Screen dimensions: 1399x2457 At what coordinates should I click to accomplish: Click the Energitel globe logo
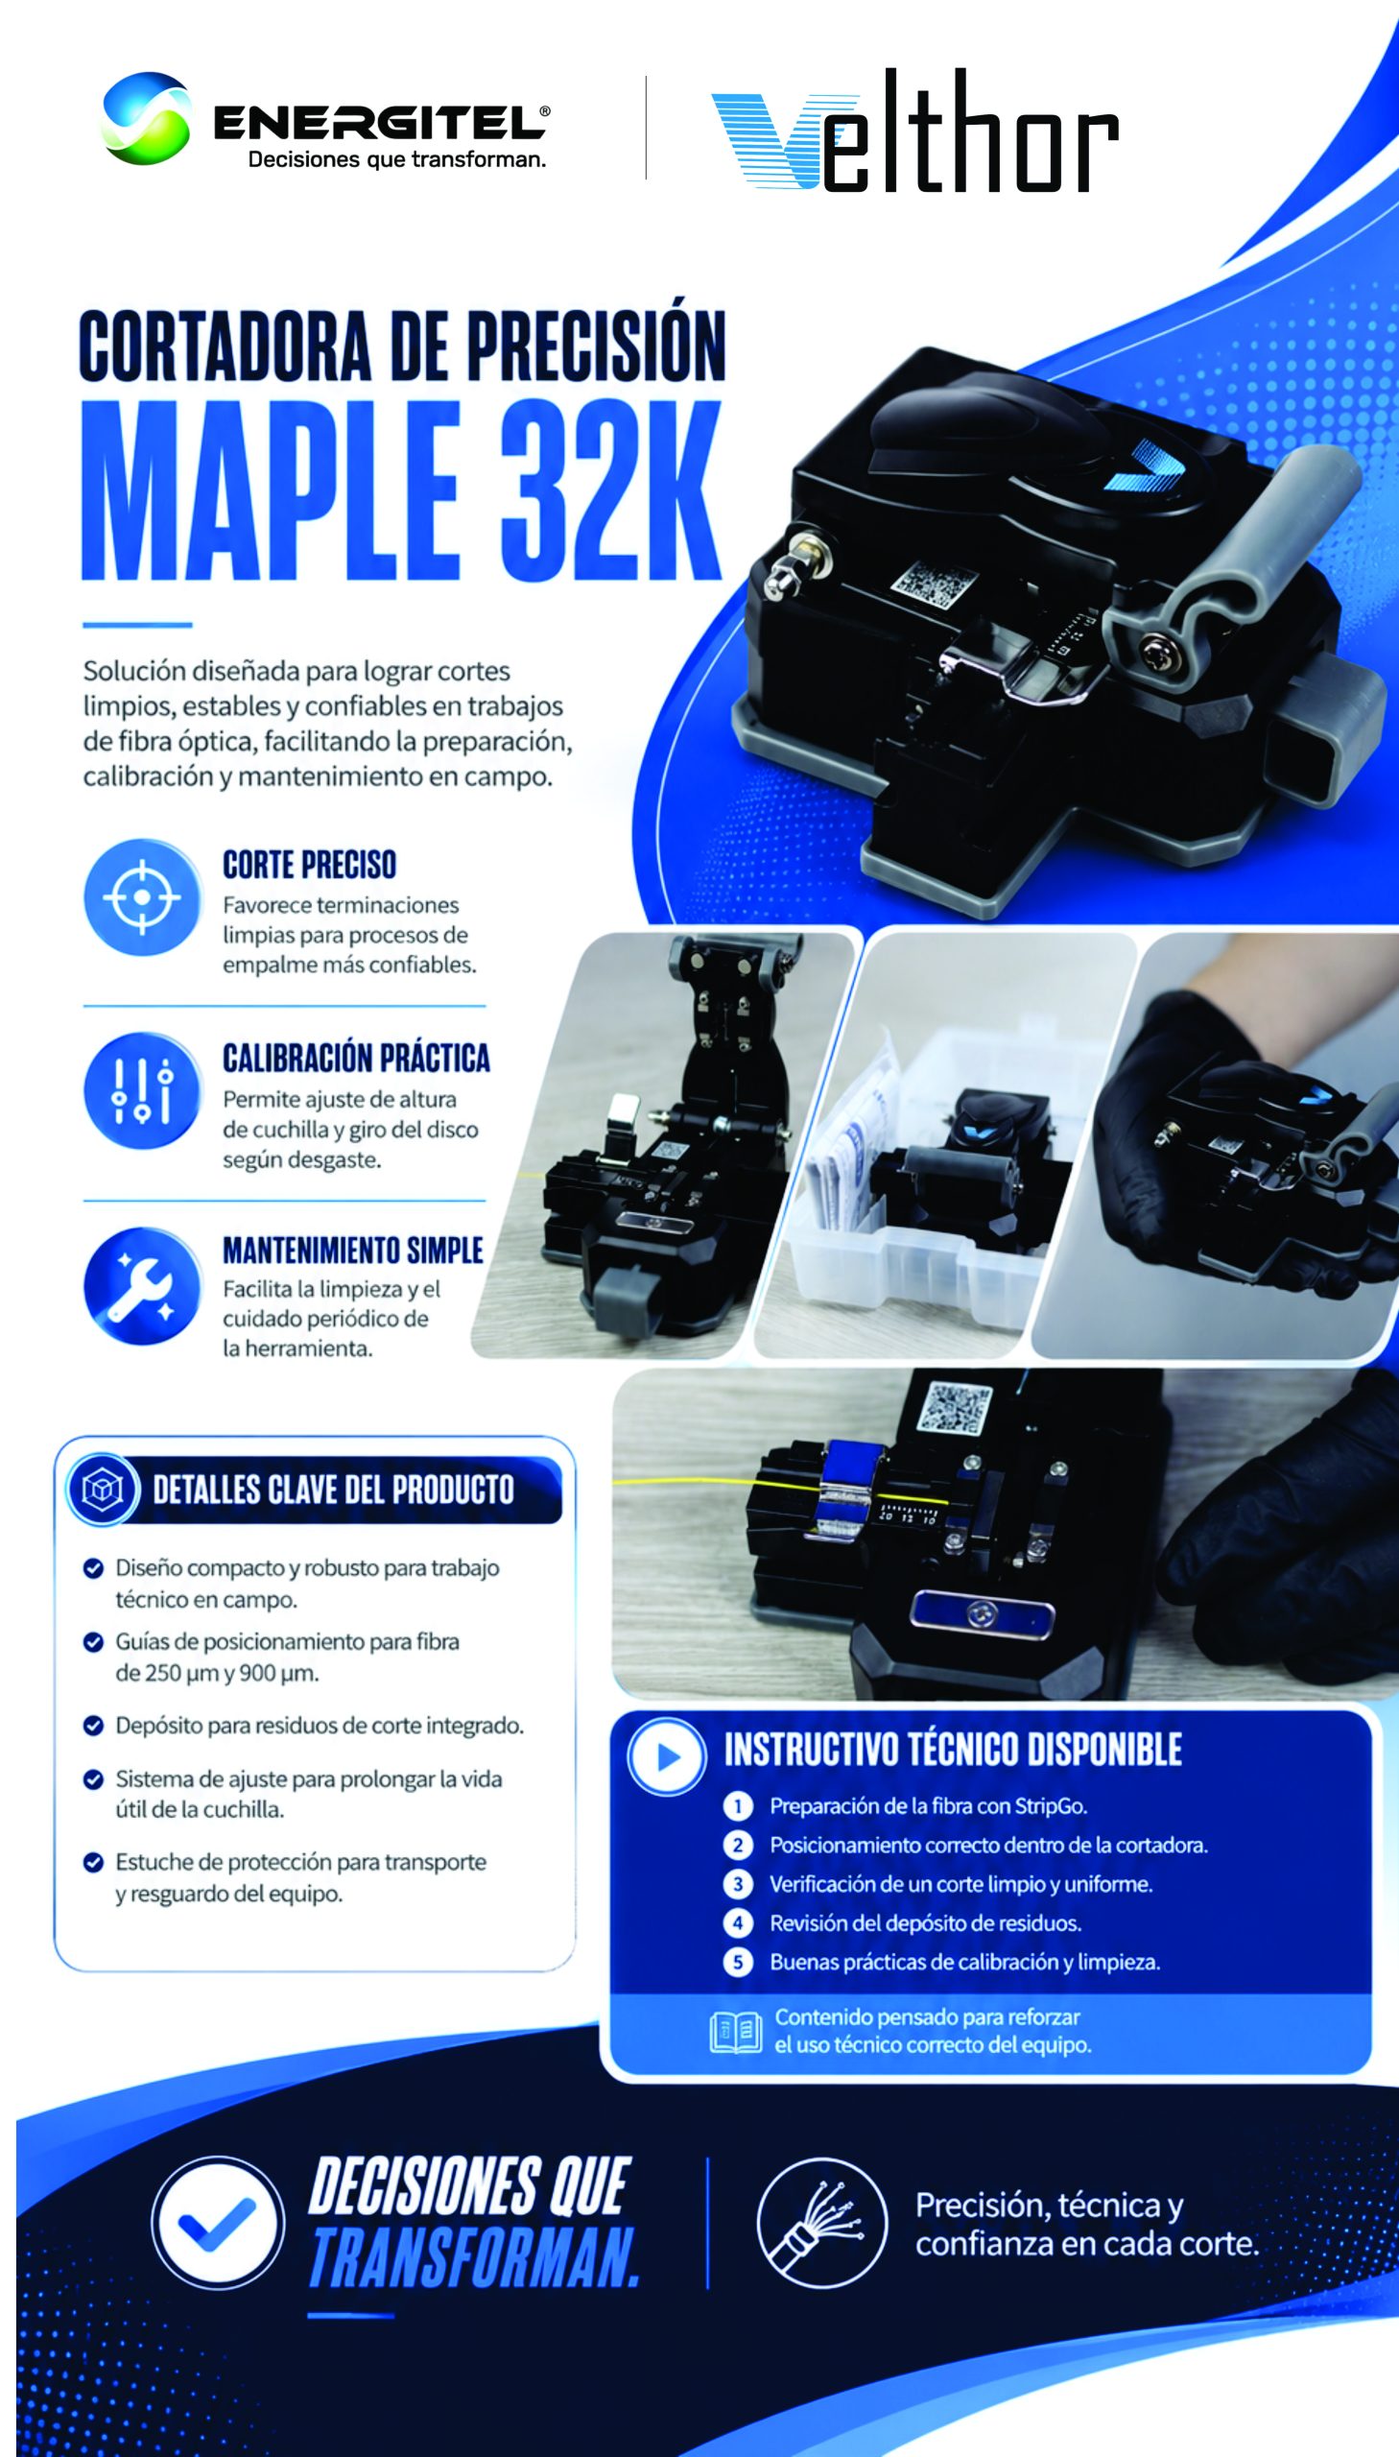pos(145,118)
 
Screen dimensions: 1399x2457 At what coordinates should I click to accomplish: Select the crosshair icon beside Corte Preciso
pos(142,897)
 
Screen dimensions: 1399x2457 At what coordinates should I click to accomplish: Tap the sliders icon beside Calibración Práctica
pos(142,1090)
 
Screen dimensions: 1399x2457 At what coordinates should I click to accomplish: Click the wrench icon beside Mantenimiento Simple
pos(142,1285)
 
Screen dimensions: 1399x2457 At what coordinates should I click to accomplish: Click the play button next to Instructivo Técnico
pos(667,1756)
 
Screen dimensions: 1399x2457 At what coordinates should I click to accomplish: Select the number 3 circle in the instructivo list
pos(738,1883)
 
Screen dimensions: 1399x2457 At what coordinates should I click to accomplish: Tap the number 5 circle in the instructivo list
pos(738,1961)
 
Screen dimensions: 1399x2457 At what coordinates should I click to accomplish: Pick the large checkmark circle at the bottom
pos(218,2223)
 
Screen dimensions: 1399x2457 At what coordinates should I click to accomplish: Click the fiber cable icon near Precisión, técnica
pos(821,2222)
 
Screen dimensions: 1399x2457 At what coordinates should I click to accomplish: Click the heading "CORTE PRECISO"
pos(309,864)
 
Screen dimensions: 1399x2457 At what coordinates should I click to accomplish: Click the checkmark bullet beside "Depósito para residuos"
pos(93,1726)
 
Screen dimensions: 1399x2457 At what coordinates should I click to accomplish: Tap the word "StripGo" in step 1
pos(1050,1805)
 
